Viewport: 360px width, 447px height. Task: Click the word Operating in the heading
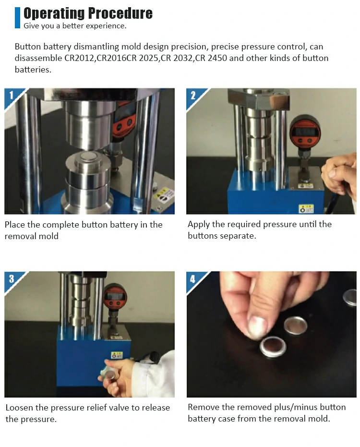tap(54, 13)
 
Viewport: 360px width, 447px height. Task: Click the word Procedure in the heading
tap(120, 13)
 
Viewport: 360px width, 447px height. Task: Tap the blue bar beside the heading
tap(17, 18)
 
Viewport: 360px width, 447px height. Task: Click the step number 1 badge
tap(12, 95)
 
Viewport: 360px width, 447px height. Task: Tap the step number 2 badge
tap(193, 95)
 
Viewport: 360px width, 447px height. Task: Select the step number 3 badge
tap(12, 278)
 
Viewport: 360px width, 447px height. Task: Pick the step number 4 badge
tap(193, 278)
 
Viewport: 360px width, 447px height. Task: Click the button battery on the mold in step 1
tap(89, 156)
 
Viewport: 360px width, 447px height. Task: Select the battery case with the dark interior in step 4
tap(273, 346)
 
